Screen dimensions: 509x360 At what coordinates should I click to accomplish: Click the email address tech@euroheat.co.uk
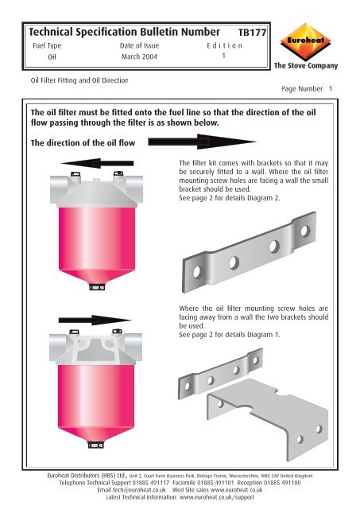coord(131,491)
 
